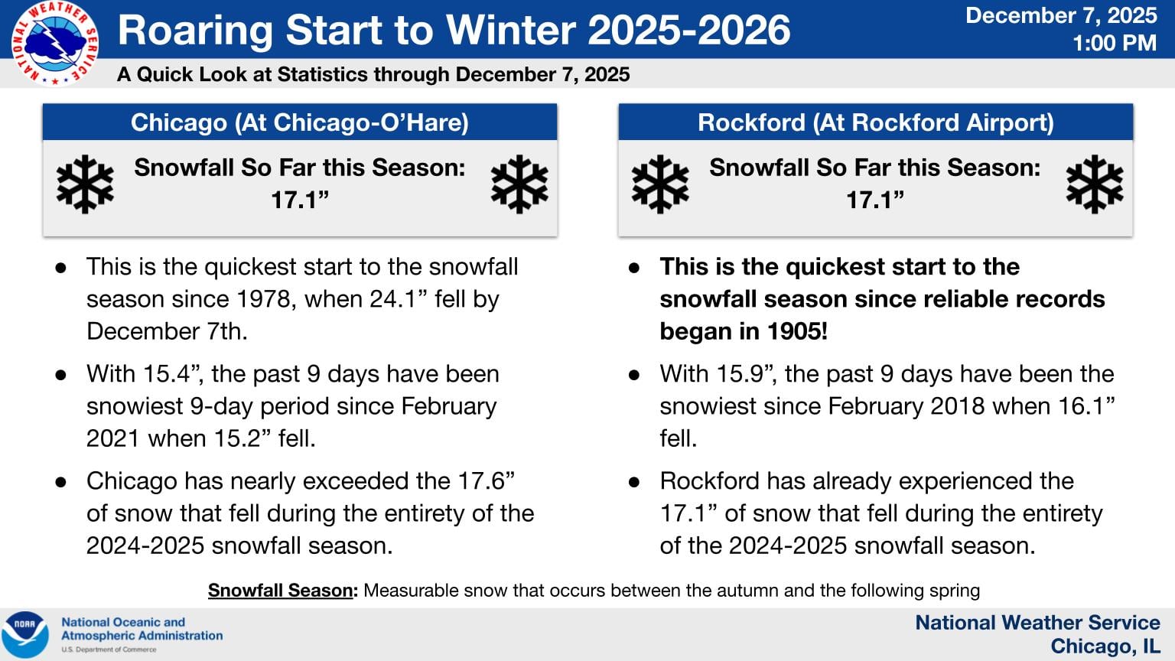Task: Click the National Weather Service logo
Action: pyautogui.click(x=54, y=44)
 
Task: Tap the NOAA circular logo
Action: pyautogui.click(x=25, y=634)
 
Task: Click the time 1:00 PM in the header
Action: pyautogui.click(x=1114, y=44)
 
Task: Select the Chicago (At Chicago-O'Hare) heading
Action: pyautogui.click(x=299, y=122)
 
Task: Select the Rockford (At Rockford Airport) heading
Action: pyautogui.click(x=875, y=122)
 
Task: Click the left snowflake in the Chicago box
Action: pyautogui.click(x=85, y=184)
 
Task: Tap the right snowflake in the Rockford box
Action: pyautogui.click(x=1094, y=184)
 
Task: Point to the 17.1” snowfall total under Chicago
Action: pyautogui.click(x=299, y=200)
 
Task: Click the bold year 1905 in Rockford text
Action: pyautogui.click(x=795, y=331)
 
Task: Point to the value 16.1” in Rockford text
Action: pyautogui.click(x=1086, y=406)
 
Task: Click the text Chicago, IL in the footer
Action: pyautogui.click(x=1105, y=646)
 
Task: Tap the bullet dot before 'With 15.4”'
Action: pyautogui.click(x=61, y=375)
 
